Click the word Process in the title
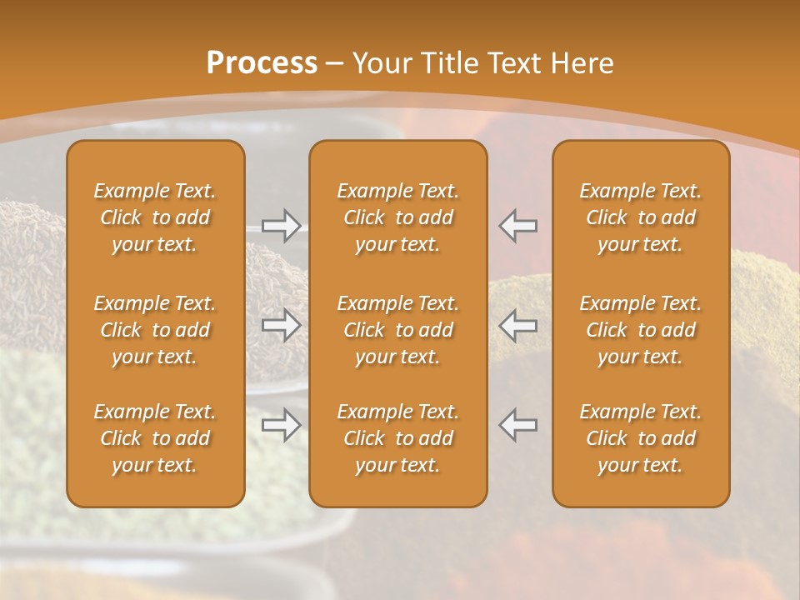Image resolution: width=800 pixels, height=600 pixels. [x=262, y=63]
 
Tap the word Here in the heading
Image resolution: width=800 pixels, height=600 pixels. [x=583, y=63]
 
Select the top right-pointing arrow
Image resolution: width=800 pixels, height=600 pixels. [x=282, y=226]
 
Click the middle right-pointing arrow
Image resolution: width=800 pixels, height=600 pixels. [x=282, y=324]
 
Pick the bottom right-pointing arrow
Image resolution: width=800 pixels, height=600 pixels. [x=282, y=424]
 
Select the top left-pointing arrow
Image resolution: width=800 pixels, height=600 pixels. [x=517, y=226]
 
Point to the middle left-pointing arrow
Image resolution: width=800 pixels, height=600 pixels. [x=517, y=324]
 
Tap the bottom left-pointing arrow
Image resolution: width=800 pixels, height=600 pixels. [x=517, y=424]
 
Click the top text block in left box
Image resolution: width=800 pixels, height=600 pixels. [x=155, y=217]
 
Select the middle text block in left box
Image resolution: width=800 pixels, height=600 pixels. [x=155, y=330]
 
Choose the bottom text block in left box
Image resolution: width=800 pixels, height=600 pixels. [x=155, y=438]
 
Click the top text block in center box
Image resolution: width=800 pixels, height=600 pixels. [x=398, y=217]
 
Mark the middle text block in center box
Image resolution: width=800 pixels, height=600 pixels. [x=398, y=330]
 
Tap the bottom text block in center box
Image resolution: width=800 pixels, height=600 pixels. [x=398, y=438]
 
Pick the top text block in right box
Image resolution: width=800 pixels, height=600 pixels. [x=641, y=217]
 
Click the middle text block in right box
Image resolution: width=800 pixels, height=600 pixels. [x=641, y=330]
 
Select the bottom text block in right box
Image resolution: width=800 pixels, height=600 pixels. [x=641, y=438]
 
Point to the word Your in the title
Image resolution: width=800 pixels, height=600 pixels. [x=382, y=63]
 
